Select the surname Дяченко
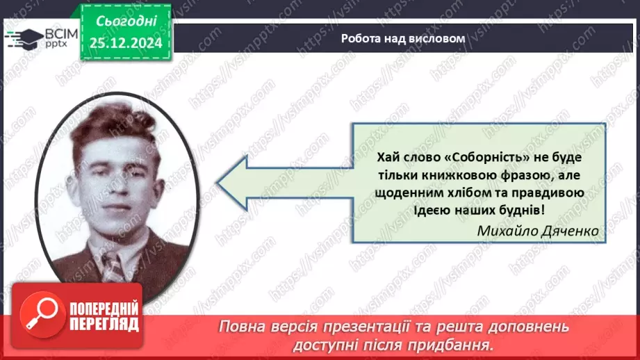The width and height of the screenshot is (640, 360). pos(569,230)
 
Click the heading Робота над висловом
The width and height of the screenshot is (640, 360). pos(402,38)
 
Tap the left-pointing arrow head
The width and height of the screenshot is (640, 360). pos(236,183)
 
